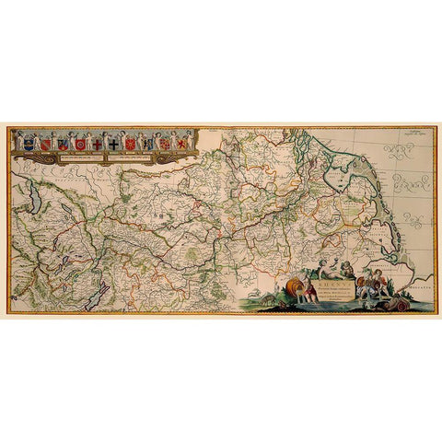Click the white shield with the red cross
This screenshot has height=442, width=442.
(97, 144)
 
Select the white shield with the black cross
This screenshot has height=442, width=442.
(113, 144)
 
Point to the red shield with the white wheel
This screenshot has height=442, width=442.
(80, 144)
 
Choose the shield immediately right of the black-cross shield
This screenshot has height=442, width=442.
(130, 144)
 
